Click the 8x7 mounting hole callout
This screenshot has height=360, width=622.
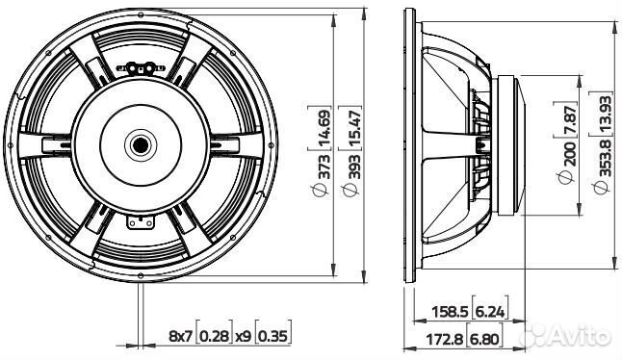coord(181,335)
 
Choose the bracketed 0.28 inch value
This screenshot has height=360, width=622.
coord(218,335)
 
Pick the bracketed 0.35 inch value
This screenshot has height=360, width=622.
coord(273,335)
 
